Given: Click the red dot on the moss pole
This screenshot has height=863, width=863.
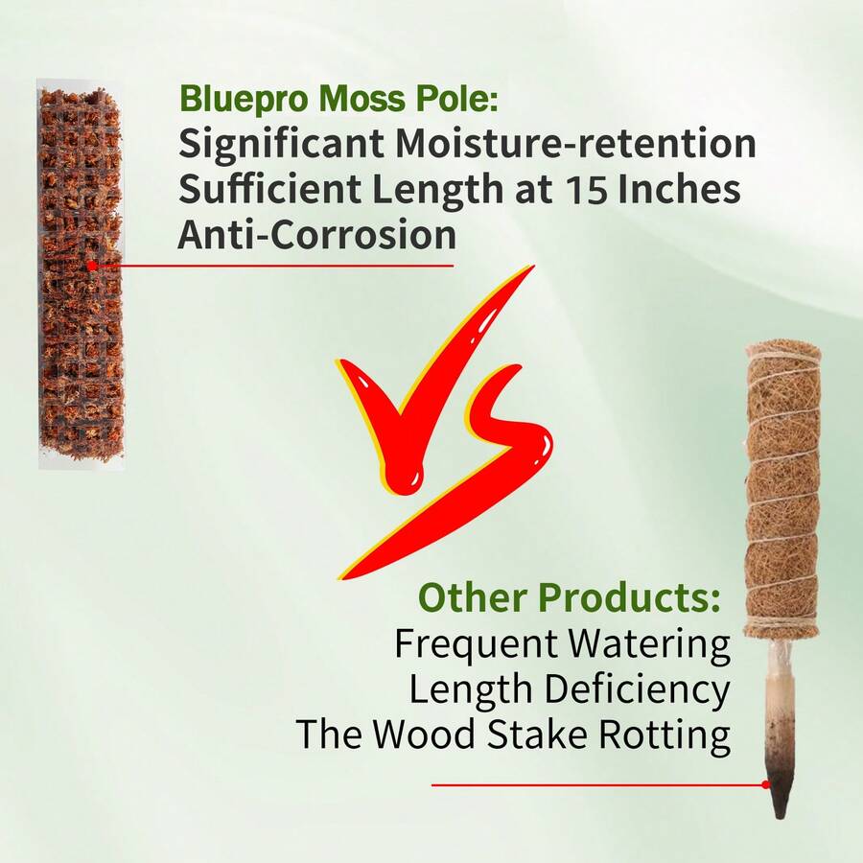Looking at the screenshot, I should [x=91, y=265].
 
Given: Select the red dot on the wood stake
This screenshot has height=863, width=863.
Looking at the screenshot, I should [x=766, y=784].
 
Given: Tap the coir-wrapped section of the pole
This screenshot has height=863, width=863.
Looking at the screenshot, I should [x=782, y=489].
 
